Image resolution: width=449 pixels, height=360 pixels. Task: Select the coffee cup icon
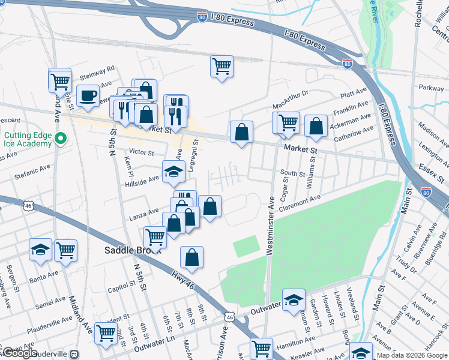[88, 95]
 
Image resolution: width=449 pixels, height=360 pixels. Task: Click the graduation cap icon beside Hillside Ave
[173, 172]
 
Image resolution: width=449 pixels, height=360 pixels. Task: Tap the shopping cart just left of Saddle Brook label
[155, 237]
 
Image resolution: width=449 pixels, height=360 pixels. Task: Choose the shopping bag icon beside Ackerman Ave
[316, 126]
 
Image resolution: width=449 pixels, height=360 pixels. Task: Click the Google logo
[21, 353]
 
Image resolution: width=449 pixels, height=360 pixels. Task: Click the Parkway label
[431, 88]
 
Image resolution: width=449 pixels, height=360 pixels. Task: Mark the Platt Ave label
[353, 93]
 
